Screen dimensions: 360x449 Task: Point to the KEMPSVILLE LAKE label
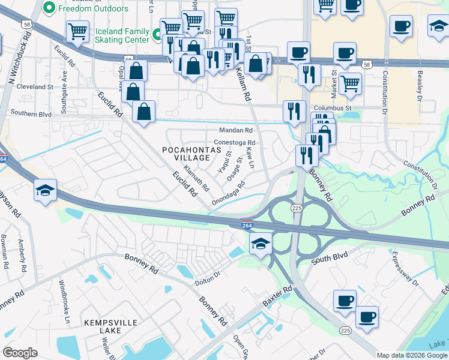click(106, 327)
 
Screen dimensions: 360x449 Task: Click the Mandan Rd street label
click(236, 130)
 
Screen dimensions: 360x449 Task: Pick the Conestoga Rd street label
click(235, 143)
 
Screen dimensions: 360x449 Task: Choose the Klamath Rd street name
click(196, 178)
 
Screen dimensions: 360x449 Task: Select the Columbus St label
click(332, 108)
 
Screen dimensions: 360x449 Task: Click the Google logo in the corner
click(20, 353)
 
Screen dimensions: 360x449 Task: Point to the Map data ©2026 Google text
click(412, 355)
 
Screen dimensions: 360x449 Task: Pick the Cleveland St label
click(35, 87)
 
